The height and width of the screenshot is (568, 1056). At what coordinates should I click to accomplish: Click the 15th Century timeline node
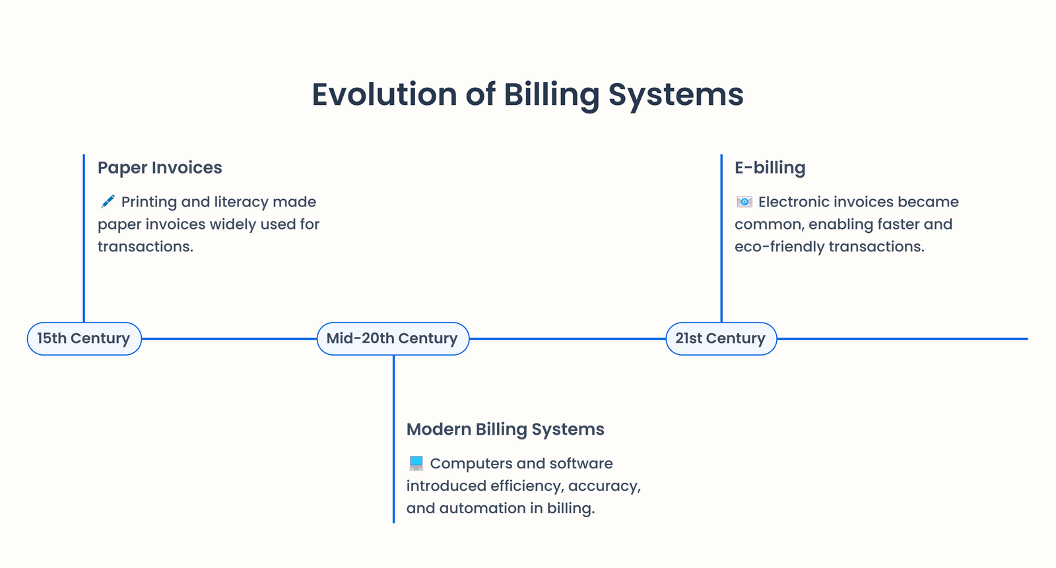(84, 338)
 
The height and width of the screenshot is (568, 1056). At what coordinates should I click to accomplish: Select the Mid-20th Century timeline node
(392, 338)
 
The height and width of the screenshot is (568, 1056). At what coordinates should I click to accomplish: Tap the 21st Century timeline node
(720, 338)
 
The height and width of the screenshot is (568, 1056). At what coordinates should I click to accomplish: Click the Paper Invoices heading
(160, 168)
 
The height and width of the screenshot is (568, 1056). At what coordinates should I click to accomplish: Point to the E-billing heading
(770, 168)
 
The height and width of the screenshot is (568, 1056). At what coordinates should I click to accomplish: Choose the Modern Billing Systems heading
(505, 429)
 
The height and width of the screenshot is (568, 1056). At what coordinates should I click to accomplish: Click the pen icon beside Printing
(108, 201)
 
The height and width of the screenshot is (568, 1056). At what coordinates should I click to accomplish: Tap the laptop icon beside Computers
(416, 463)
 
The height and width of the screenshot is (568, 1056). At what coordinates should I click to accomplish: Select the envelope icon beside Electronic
(744, 201)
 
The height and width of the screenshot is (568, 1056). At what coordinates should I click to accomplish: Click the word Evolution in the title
(383, 94)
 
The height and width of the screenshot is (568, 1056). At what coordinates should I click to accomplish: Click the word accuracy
(604, 486)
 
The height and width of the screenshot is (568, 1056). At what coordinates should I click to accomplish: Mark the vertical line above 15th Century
(84, 237)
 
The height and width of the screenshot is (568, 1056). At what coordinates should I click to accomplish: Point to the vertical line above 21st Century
(721, 237)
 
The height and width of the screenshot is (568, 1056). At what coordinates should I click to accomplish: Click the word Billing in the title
(551, 94)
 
